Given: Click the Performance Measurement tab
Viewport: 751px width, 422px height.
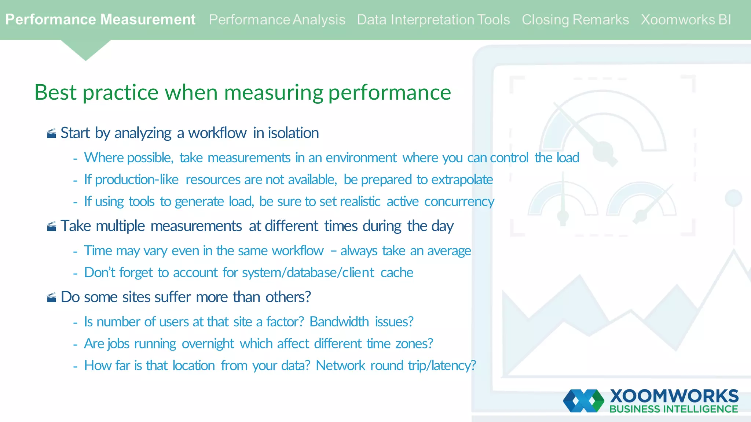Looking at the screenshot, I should (x=100, y=19).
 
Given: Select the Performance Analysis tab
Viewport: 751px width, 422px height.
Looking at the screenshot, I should (x=277, y=20).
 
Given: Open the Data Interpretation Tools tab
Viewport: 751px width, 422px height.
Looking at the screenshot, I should (x=433, y=20).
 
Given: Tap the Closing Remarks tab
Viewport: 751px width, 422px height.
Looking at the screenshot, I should (x=575, y=20).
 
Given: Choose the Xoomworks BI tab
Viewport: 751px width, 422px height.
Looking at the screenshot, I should (x=686, y=20).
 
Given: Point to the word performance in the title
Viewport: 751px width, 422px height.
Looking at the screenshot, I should (x=389, y=93).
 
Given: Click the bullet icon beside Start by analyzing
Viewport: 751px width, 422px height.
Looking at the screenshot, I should (x=52, y=133).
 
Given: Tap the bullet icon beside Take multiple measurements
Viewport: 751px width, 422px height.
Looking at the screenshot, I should (x=52, y=226).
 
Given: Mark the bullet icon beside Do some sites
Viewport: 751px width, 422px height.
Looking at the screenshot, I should (x=52, y=297).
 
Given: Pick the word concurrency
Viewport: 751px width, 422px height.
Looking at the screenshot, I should (x=459, y=202).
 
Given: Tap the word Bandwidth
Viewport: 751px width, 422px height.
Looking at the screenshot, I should (x=339, y=322).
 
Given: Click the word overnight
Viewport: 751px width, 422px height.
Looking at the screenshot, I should (x=208, y=344).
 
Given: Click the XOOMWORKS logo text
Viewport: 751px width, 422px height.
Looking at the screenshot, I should (x=674, y=396).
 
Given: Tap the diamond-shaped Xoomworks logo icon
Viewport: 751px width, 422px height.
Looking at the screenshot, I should (x=583, y=401).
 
